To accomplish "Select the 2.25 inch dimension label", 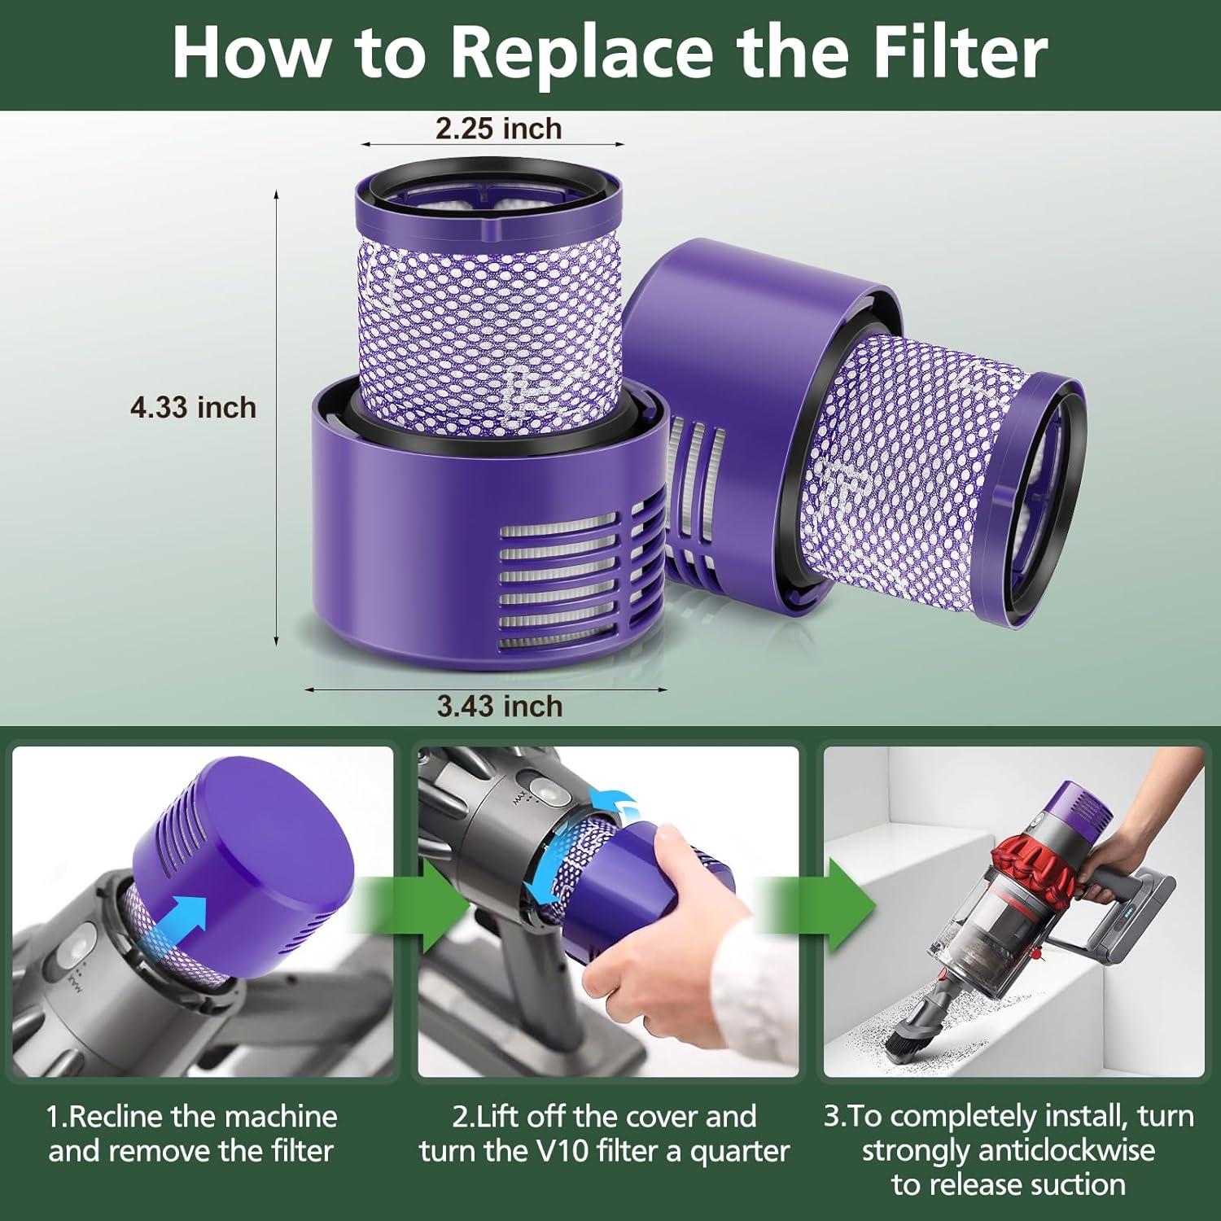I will pyautogui.click(x=498, y=129).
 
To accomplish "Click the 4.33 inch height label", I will pyautogui.click(x=193, y=407).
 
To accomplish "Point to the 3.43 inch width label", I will pyautogui.click(x=499, y=706).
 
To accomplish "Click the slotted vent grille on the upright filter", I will pyautogui.click(x=570, y=586).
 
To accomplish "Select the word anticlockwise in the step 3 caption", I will pyautogui.click(x=1066, y=1151).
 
